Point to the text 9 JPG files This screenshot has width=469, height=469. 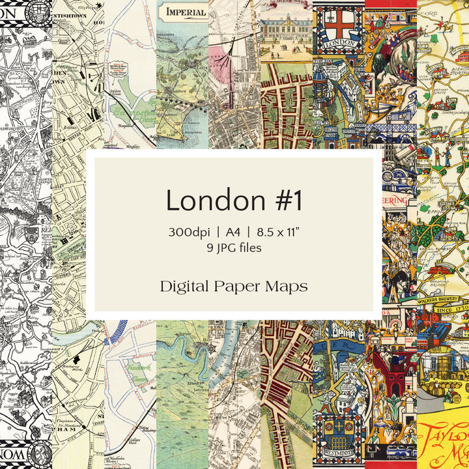click(234, 248)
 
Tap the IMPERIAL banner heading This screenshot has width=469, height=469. click(186, 11)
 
